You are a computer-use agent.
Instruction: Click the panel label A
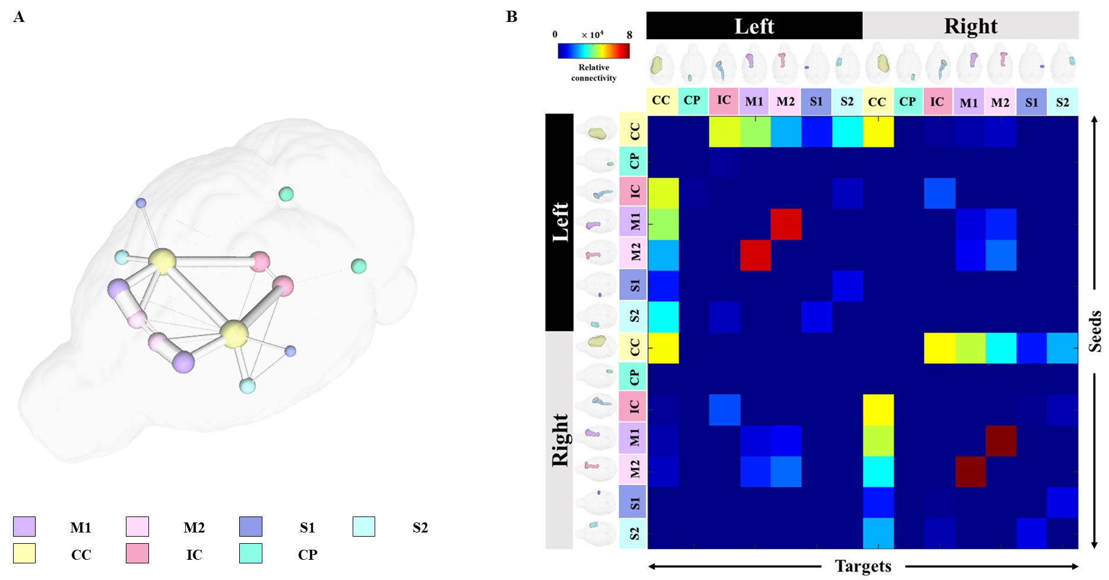tap(19, 17)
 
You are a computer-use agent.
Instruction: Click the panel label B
tap(512, 17)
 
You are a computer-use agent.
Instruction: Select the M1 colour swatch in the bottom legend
tap(24, 527)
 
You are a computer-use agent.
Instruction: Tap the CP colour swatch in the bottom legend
tap(251, 553)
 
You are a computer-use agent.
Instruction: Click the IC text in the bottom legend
tap(194, 554)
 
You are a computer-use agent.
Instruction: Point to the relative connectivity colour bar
tap(593, 52)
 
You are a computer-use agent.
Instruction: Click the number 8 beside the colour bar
tap(629, 35)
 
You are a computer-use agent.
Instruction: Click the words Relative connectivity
tap(594, 72)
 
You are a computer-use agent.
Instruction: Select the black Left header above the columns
tap(754, 26)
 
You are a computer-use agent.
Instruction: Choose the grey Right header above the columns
tap(971, 26)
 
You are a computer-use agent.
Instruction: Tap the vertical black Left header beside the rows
tap(559, 222)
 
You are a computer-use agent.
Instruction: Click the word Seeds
tap(1095, 331)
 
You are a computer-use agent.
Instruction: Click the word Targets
tap(863, 566)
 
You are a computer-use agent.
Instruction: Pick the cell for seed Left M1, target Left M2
tap(785, 224)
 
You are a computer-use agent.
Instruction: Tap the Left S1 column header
tap(816, 102)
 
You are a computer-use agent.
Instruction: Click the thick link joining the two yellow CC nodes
tap(198, 297)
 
